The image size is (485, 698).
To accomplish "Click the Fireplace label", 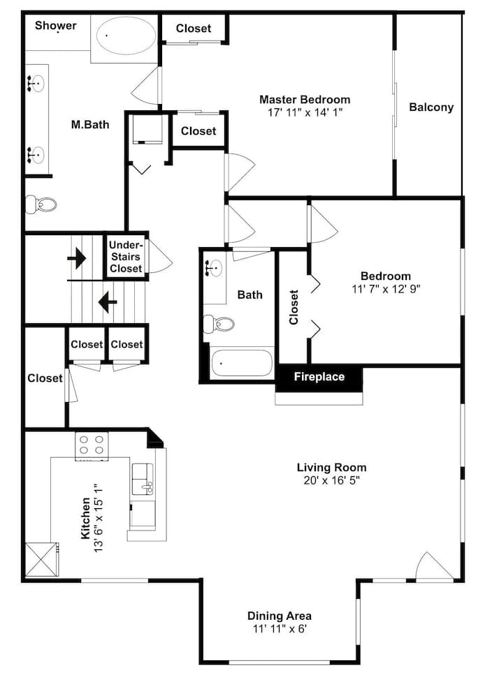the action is pos(319,377).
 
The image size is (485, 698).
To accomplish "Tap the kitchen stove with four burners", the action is pos(92,446).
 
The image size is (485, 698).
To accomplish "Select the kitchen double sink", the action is pos(143,479).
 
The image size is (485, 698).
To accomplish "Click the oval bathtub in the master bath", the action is pos(126,36).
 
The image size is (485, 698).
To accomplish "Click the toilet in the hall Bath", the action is pos(219,324).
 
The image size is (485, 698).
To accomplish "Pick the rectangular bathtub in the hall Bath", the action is pos(242,363).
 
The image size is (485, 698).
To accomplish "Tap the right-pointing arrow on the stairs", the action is pos(77,258).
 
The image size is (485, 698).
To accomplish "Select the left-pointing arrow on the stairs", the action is pos(108,302).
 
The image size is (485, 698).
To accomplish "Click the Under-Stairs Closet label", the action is pos(126,257).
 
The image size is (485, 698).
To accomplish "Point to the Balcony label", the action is pos(431,107).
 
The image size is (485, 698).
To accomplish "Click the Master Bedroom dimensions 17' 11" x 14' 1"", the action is pos(305,112).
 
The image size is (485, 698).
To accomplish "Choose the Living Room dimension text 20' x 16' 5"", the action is pos(332,480).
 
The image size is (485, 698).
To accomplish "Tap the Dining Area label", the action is pos(280,616).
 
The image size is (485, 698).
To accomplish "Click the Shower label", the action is pos(56,26).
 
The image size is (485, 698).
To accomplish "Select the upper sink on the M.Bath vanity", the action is pos(36,83).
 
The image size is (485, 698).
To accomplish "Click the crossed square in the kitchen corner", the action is pos(41,559).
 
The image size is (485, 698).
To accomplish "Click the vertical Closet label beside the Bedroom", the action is pos(294,307).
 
